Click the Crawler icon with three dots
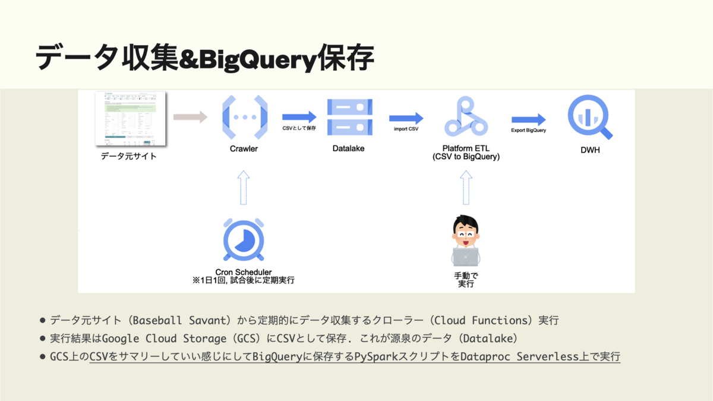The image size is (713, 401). click(244, 117)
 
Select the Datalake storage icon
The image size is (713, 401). click(349, 117)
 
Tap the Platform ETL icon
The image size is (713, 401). click(466, 117)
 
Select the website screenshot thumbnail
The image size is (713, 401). click(130, 119)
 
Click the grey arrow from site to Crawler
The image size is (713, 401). click(190, 117)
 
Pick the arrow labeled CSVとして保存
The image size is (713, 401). click(299, 117)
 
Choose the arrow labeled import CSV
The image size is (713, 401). click(406, 118)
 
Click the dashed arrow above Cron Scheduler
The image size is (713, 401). click(244, 187)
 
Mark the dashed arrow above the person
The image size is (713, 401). click(466, 187)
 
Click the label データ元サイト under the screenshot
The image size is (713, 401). click(129, 156)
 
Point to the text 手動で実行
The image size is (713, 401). click(466, 280)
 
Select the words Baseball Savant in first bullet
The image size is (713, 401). click(181, 320)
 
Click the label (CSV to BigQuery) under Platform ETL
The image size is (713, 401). click(466, 157)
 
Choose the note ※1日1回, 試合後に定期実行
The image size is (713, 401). click(244, 280)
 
